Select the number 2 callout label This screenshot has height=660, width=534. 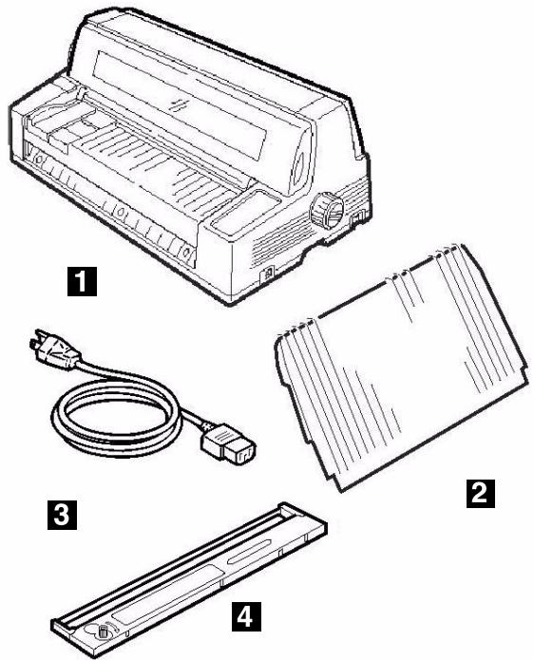point(477,493)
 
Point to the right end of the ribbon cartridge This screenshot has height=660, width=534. point(318,530)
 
